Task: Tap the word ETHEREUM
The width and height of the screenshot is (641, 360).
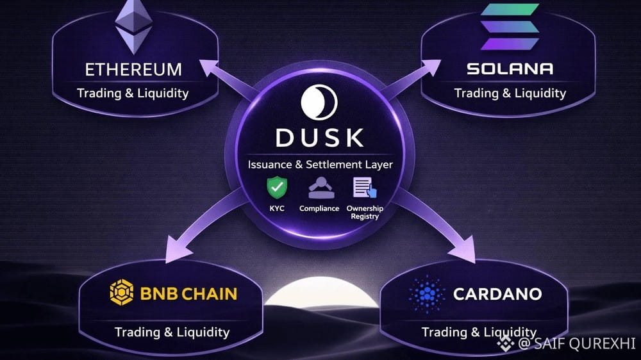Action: pyautogui.click(x=133, y=69)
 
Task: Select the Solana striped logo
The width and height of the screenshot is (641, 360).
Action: pyautogui.click(x=509, y=27)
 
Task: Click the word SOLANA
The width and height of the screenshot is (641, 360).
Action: pyautogui.click(x=510, y=69)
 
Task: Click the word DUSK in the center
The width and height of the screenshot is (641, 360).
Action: pyautogui.click(x=320, y=137)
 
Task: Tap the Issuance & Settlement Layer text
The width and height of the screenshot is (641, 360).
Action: pyautogui.click(x=320, y=165)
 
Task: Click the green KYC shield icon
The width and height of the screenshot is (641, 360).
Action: pyautogui.click(x=277, y=188)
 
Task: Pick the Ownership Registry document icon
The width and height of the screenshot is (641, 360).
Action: pyautogui.click(x=363, y=188)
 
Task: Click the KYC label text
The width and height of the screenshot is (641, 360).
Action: pyautogui.click(x=277, y=209)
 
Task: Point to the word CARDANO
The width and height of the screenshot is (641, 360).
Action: pyautogui.click(x=497, y=295)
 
